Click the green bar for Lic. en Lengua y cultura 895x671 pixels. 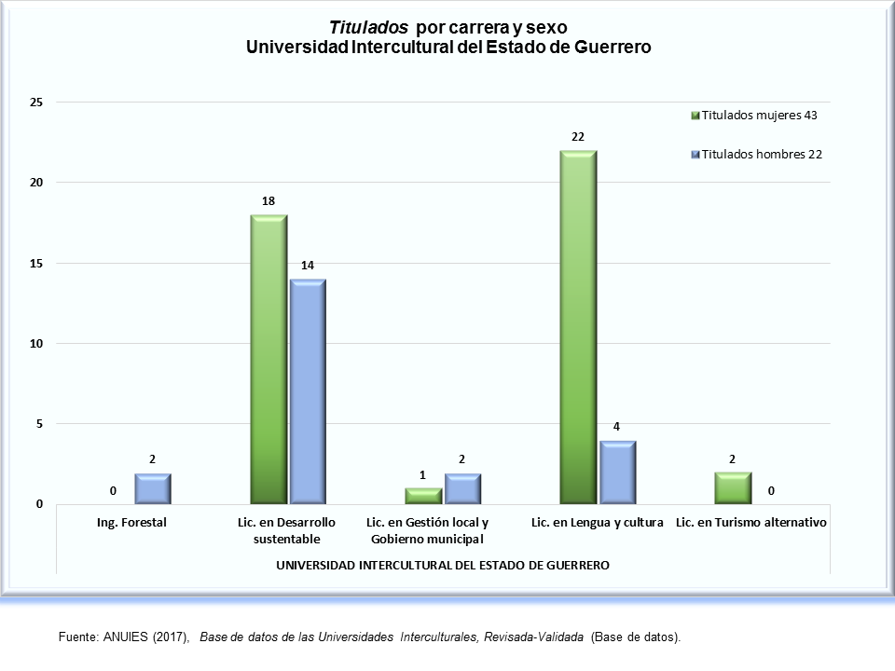578,326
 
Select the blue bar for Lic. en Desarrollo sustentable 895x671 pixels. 308,391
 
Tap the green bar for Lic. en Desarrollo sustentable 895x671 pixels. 268,359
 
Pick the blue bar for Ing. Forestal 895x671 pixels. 153,489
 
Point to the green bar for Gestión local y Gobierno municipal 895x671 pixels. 423,496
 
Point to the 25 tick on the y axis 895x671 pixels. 37,102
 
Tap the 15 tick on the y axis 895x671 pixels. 37,263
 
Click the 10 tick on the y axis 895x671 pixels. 37,343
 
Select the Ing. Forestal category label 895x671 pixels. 131,523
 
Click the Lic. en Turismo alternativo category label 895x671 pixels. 751,523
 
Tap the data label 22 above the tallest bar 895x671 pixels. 578,137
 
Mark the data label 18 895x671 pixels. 268,201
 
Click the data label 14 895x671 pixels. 308,266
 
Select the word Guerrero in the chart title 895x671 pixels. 608,47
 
